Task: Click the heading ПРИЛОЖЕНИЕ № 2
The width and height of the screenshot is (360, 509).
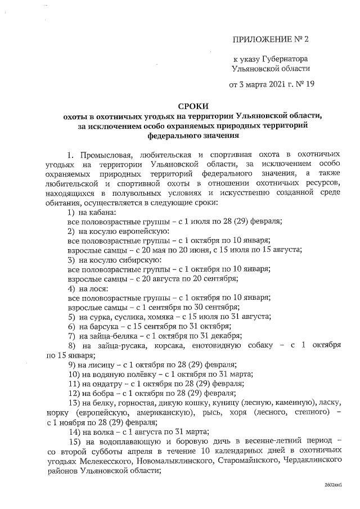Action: tap(271, 39)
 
